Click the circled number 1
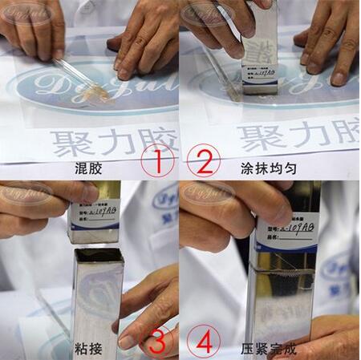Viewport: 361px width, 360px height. [x=158, y=162]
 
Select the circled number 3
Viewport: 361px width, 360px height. [x=158, y=341]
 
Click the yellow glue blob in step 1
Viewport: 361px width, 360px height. [x=99, y=94]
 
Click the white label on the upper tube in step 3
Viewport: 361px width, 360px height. [x=95, y=214]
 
